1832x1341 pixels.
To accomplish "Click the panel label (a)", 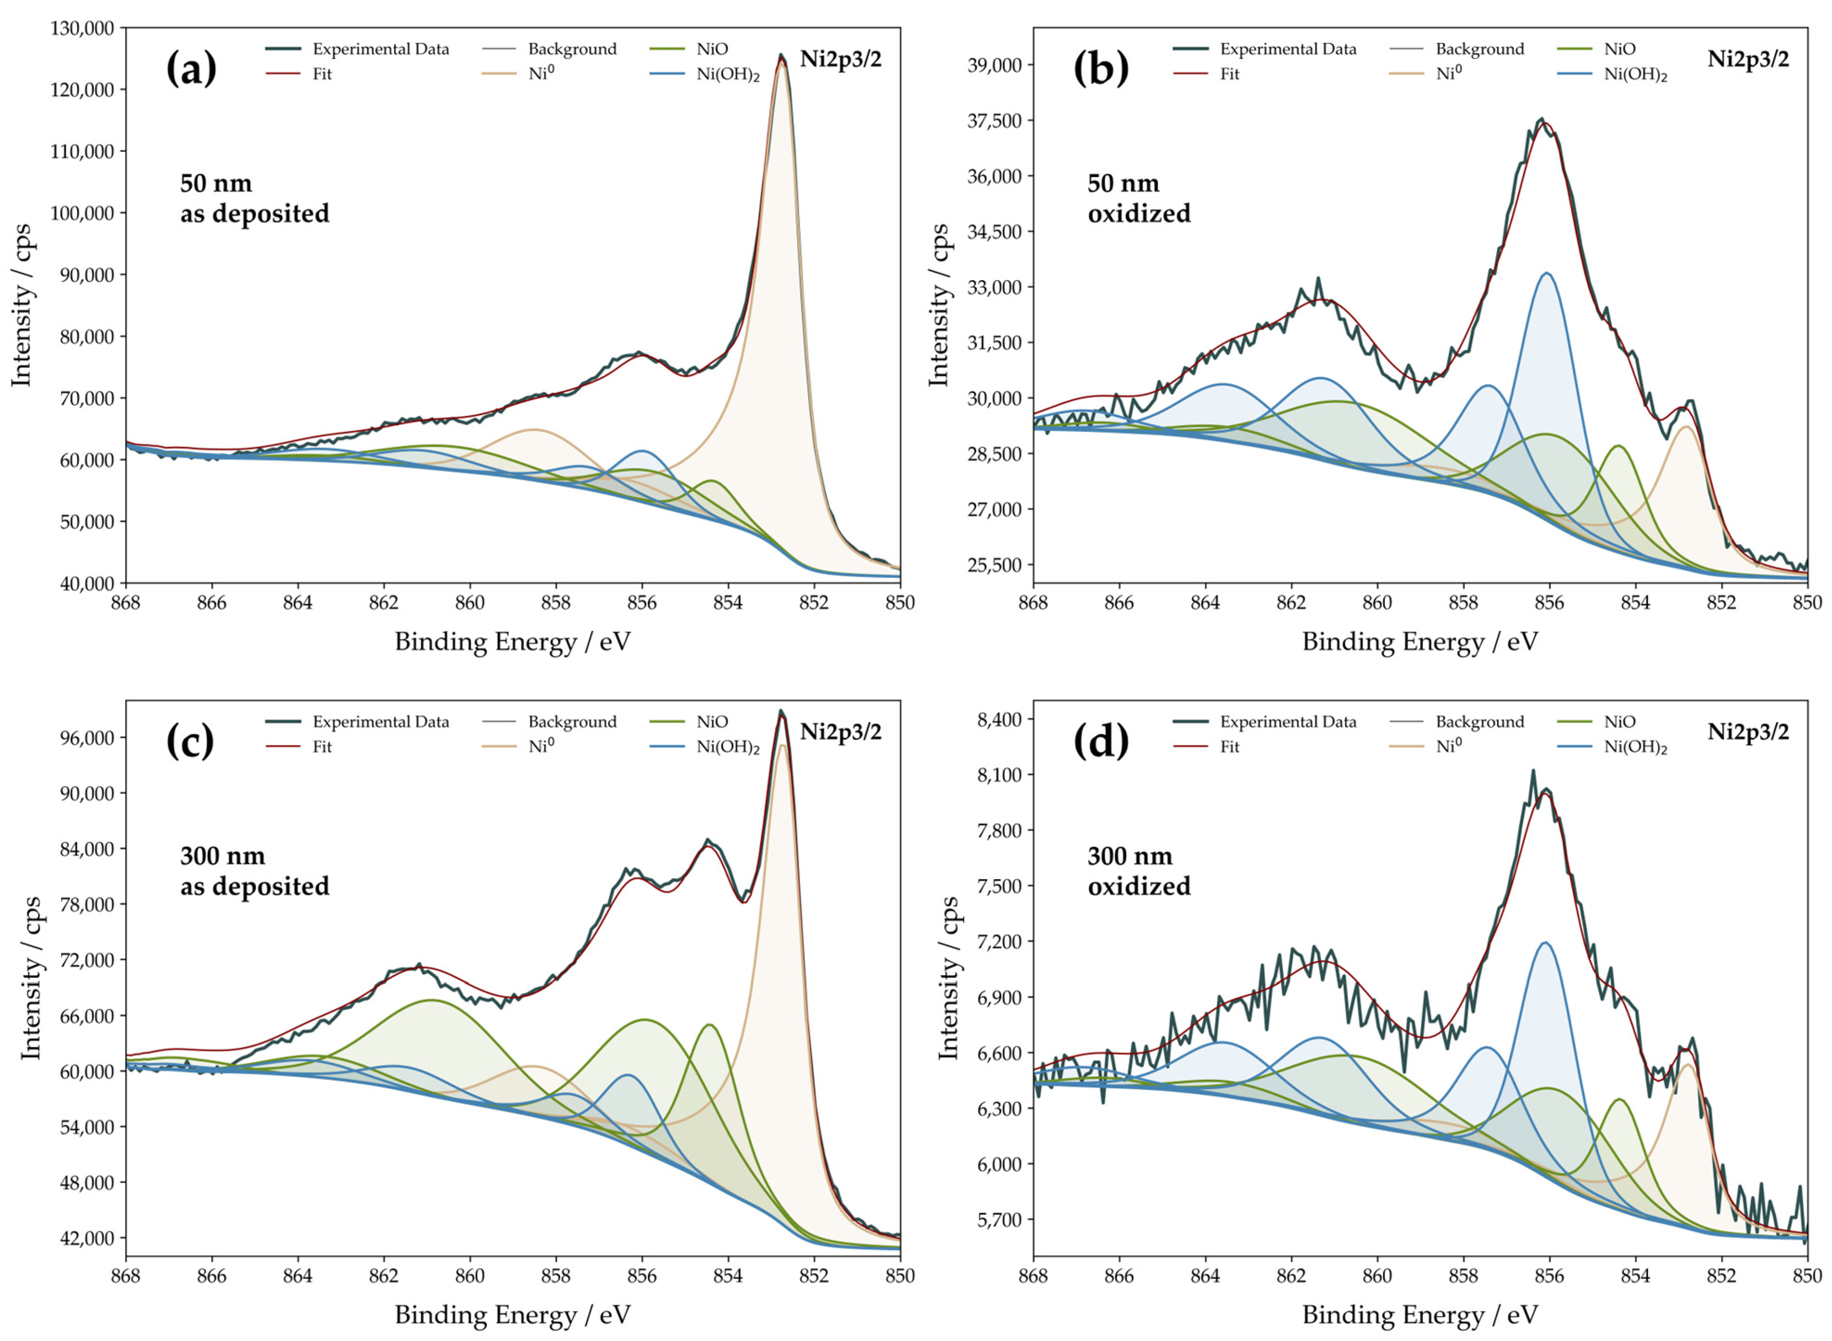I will point(192,68).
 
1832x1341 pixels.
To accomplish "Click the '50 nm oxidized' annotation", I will point(1139,198).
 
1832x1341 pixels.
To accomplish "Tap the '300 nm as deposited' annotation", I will point(254,871).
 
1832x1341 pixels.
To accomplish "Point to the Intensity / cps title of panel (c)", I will point(31,978).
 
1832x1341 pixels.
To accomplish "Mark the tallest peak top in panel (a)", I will point(780,57).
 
